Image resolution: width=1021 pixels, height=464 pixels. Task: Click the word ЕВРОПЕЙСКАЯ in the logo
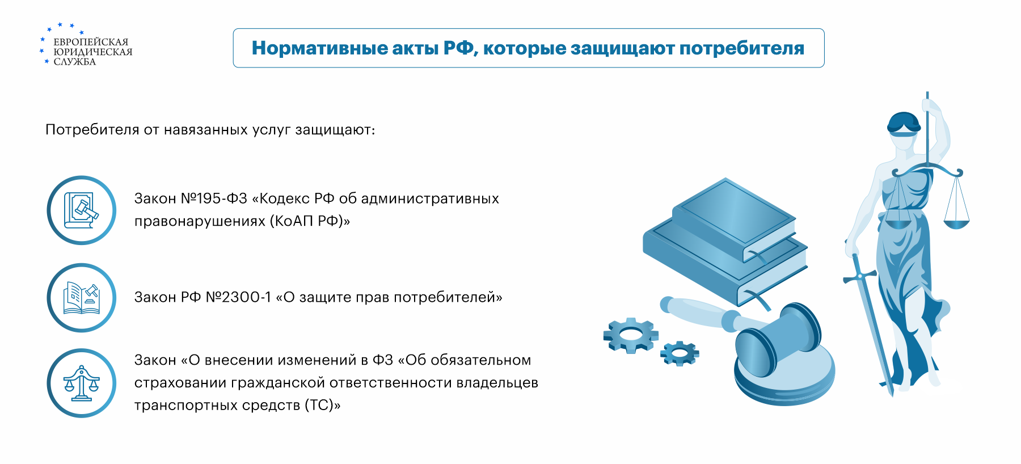(91, 42)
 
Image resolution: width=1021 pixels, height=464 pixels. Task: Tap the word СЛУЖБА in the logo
(75, 62)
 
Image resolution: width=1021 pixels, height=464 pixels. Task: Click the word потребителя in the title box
(742, 49)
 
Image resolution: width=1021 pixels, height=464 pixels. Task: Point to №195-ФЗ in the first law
(214, 199)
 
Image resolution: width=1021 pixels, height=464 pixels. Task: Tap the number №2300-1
(238, 297)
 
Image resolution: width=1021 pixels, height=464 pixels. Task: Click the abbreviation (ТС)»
(323, 406)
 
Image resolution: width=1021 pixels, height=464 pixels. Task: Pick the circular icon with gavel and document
(82, 210)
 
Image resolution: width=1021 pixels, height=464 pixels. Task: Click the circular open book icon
(82, 298)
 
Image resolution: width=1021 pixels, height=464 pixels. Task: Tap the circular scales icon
(82, 383)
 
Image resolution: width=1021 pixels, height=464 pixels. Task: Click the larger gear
(631, 335)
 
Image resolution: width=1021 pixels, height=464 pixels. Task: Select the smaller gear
(680, 353)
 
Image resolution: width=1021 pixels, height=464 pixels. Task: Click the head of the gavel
(778, 340)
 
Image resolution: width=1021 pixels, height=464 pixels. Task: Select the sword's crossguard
(860, 276)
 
